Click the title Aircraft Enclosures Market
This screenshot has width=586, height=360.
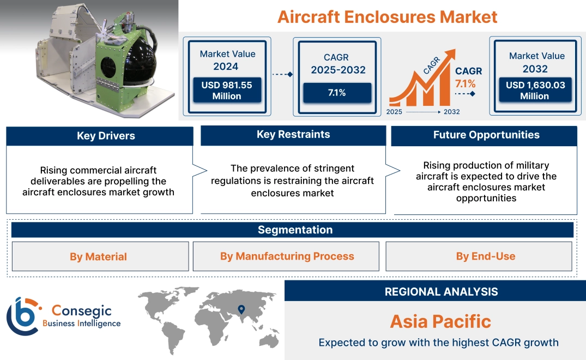pos(387,16)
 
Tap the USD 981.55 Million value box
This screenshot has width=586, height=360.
pos(226,91)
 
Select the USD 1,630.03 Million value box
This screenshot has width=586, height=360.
pos(535,91)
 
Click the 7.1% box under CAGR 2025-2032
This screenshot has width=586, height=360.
pos(337,93)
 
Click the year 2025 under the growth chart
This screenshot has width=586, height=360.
pos(395,112)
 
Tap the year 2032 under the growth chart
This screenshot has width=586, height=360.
pos(451,112)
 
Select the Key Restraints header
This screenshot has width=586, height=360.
pos(293,135)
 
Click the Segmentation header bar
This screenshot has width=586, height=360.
pos(295,230)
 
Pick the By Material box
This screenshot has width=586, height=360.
pos(98,257)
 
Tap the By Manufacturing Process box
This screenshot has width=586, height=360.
pos(287,256)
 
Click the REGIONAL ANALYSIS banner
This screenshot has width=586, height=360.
pos(441,292)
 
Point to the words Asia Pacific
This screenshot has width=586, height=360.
pos(440,321)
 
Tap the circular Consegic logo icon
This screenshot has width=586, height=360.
pos(23,316)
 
